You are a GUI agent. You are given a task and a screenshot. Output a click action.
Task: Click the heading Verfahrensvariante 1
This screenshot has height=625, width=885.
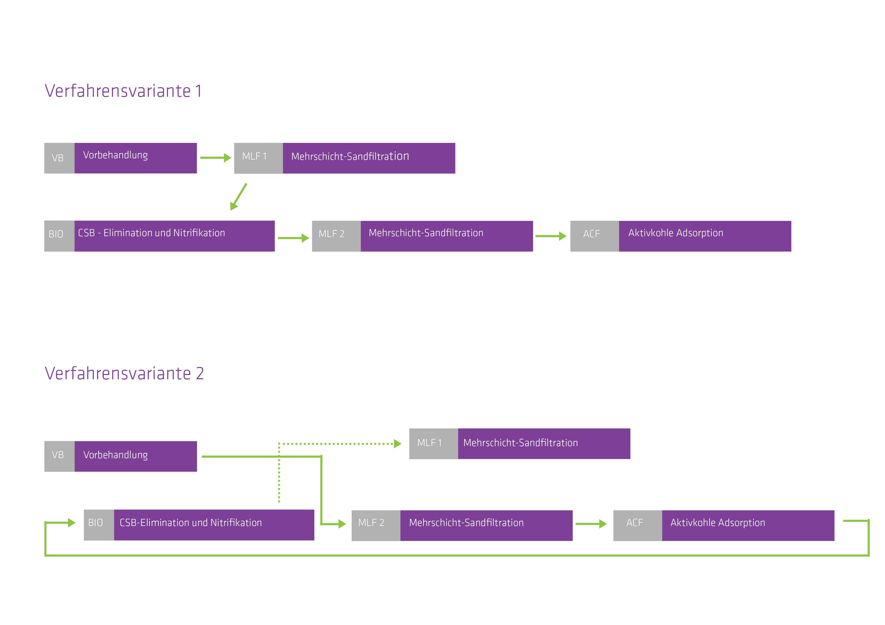tap(123, 91)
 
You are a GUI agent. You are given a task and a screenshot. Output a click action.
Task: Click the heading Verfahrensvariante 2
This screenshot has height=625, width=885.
tap(124, 373)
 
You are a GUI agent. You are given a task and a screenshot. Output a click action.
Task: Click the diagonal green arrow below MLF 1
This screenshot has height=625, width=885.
tap(239, 196)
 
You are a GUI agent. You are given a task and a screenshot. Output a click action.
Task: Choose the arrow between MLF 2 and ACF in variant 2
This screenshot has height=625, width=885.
tap(591, 524)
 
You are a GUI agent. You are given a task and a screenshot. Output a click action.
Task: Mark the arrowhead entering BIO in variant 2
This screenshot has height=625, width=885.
tap(71, 523)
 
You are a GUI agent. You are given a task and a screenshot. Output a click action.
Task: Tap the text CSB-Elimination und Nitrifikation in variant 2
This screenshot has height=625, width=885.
tap(190, 523)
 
